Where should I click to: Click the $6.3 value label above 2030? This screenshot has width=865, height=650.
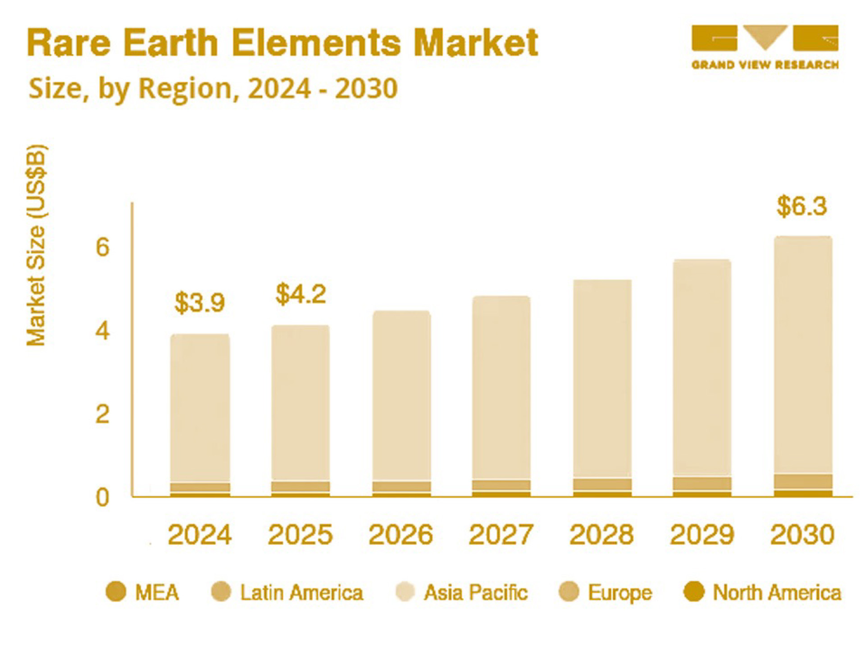pos(802,206)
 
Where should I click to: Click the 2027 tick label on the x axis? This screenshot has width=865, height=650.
pos(501,534)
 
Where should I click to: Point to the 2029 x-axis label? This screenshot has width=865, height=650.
pos(702,534)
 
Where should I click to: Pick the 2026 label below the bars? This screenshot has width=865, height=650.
pos(401,534)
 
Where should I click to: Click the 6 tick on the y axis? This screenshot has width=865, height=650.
pos(103,247)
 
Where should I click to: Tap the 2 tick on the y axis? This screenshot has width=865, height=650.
pos(103,414)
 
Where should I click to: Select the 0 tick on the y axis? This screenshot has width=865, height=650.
pos(103,497)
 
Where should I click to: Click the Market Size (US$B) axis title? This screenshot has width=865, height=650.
pos(36,245)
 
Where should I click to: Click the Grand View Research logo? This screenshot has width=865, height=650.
pos(765,47)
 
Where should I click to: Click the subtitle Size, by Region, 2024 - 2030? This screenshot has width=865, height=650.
pos(213,88)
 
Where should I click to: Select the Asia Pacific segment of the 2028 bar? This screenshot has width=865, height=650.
pos(602,378)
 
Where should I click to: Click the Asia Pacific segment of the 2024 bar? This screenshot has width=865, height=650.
pos(200,407)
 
